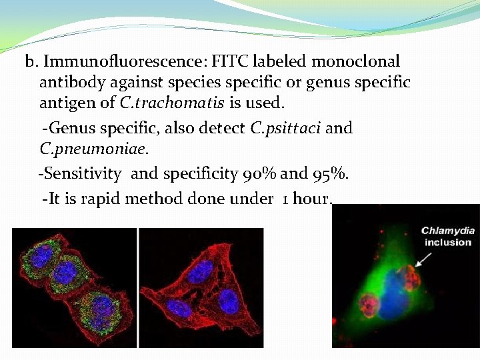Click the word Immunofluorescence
click(123, 62)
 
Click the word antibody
click(67, 83)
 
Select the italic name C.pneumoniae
click(84, 149)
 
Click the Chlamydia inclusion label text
click(447, 236)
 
